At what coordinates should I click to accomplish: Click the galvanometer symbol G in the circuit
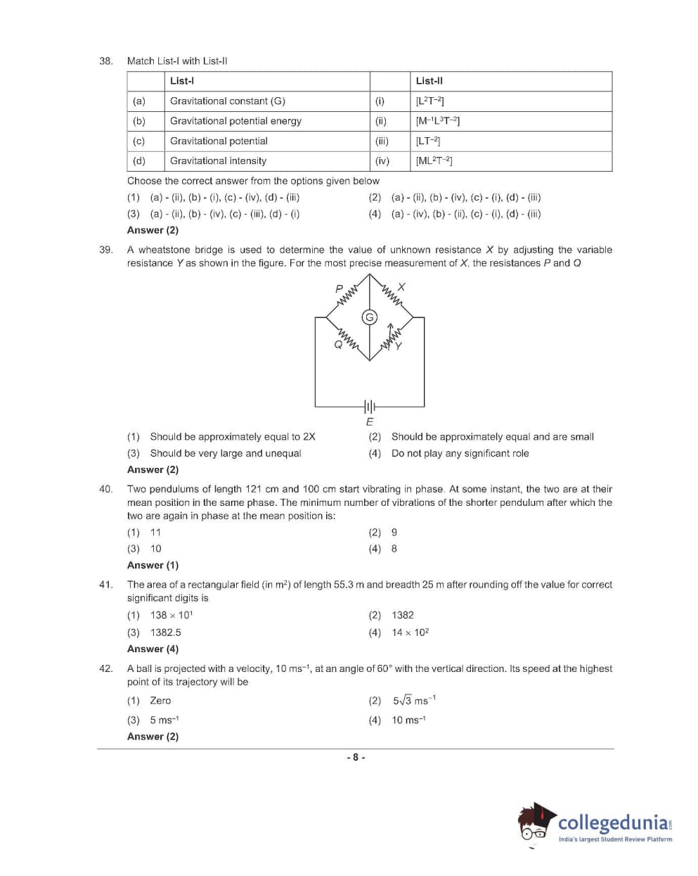pos(369,317)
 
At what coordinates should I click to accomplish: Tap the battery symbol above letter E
pos(370,406)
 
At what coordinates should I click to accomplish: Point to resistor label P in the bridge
pos(339,288)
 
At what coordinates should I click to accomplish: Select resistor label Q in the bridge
pos(338,345)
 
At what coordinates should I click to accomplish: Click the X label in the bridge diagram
pos(401,287)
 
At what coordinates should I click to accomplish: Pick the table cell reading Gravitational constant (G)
pos(228,101)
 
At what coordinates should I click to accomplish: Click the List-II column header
pos(429,81)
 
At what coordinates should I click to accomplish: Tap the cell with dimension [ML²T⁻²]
pos(434,160)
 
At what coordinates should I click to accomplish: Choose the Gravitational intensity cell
pos(218,160)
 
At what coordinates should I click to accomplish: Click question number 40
pos(105,489)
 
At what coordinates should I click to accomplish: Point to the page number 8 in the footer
pos(356,757)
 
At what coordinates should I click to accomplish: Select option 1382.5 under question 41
pos(165,633)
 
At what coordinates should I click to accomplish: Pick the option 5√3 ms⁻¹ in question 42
pos(415,700)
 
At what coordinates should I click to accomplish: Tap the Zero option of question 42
pos(160,701)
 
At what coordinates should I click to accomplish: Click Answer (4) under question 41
pos(153,649)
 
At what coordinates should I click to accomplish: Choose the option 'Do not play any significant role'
pos(460,453)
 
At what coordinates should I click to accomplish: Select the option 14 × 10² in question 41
pos(411,633)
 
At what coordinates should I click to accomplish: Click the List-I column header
pos(182,81)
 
